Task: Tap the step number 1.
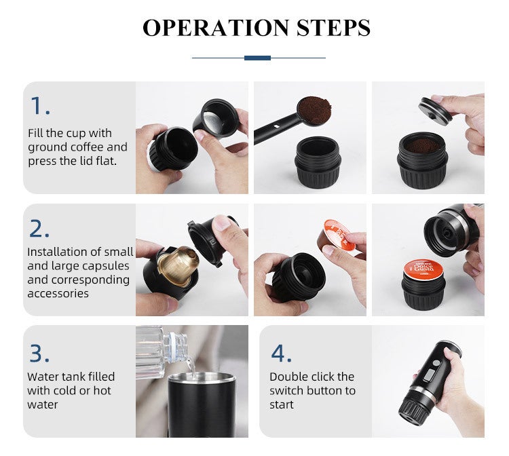[39, 106]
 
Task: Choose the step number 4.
[282, 353]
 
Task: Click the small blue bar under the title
[257, 58]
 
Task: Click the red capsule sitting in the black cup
[425, 271]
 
